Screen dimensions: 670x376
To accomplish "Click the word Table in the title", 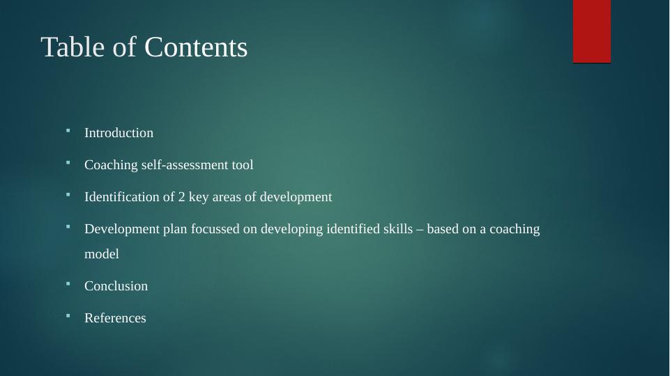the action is pyautogui.click(x=73, y=47).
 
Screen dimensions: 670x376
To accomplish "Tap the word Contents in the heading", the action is pyautogui.click(x=196, y=47).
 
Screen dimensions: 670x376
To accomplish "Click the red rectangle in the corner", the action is pyautogui.click(x=592, y=31).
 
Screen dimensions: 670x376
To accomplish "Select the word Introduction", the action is pyautogui.click(x=119, y=133).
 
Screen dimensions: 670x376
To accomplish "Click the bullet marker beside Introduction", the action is pyautogui.click(x=68, y=130).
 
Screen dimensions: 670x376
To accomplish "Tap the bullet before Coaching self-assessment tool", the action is pyautogui.click(x=68, y=162).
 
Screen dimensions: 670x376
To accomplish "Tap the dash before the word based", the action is pyautogui.click(x=420, y=230).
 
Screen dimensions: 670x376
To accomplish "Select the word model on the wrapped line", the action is pyautogui.click(x=102, y=254).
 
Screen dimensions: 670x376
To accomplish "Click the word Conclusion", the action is pyautogui.click(x=116, y=286).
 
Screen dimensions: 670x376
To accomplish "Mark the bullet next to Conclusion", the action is pyautogui.click(x=68, y=283).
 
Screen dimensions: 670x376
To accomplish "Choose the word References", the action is pyautogui.click(x=115, y=318).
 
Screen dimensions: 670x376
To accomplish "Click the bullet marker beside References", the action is pyautogui.click(x=68, y=315).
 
